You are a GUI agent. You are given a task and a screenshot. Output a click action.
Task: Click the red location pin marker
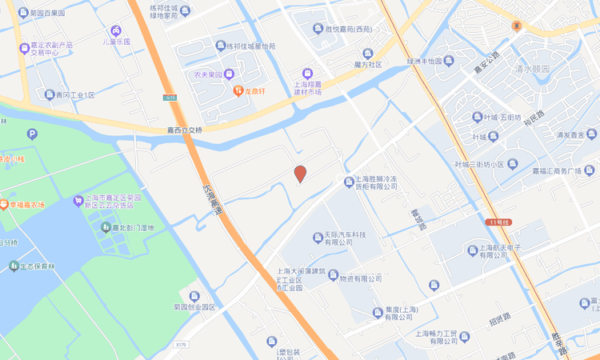click(x=300, y=173)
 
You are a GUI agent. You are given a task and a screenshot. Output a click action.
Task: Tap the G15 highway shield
click(x=170, y=98)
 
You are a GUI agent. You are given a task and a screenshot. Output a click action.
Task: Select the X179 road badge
click(x=181, y=345)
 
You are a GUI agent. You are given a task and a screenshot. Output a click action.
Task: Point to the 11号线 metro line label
click(x=497, y=222)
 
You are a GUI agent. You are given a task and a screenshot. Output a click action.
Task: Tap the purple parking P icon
click(x=32, y=134)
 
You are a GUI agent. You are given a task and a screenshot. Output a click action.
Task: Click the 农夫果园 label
click(x=206, y=74)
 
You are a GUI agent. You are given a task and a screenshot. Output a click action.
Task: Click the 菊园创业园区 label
click(x=194, y=306)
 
